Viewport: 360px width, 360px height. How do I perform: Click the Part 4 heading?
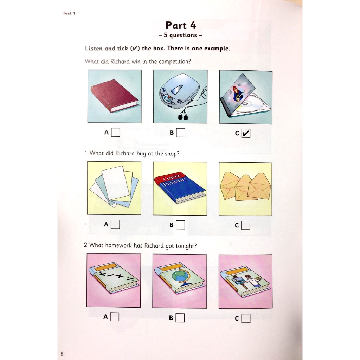[180, 25]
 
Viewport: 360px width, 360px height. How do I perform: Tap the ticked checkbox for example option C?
[246, 133]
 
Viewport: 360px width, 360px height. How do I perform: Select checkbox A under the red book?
[115, 133]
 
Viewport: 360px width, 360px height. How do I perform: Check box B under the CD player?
[181, 133]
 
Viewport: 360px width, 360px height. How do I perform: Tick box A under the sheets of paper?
[115, 224]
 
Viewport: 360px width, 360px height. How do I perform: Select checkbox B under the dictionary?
[180, 225]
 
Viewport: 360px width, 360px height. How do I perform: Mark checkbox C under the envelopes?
[246, 225]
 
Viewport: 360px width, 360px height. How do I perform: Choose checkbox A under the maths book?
[115, 317]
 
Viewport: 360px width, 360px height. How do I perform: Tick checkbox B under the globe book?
[180, 318]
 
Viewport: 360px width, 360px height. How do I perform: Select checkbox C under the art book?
[246, 319]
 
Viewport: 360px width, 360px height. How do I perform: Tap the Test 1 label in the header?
[69, 13]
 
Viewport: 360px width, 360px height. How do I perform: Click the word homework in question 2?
[118, 245]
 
